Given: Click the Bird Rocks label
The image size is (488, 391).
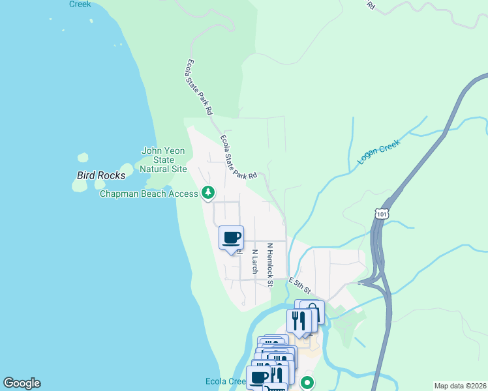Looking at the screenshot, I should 101,175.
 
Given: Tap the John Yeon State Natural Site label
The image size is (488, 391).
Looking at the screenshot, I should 164,160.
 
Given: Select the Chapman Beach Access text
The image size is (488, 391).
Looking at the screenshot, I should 148,194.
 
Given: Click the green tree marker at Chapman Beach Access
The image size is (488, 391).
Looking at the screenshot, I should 208,192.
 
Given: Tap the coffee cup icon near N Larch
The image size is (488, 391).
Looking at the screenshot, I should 231,237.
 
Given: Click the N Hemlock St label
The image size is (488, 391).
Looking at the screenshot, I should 269,265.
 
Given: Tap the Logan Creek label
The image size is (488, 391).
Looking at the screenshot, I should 378,154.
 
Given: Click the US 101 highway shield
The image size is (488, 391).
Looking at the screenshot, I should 382,213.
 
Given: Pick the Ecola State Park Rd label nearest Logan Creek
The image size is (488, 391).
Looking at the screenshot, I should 239,157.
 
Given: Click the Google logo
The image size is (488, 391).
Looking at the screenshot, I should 22,383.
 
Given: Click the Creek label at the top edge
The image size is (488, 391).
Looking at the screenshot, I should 80,4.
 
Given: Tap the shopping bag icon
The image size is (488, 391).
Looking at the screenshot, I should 313,311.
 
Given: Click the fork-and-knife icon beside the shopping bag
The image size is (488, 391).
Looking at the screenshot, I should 298,321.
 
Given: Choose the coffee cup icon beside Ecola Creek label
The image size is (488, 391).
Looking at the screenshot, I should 258,377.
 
